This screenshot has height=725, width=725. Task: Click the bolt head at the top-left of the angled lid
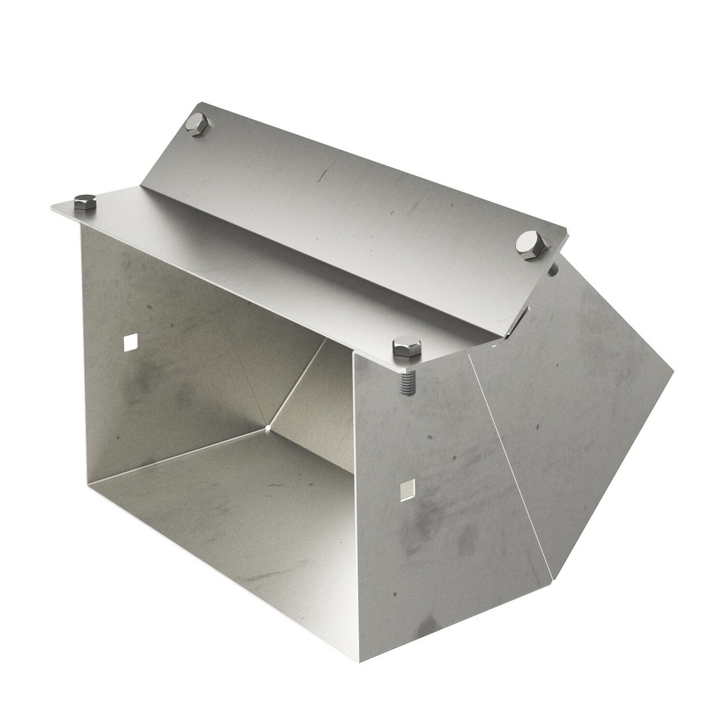click(196, 123)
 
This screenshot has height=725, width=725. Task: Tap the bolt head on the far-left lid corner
click(85, 202)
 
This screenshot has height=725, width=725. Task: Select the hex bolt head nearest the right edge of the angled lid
click(531, 244)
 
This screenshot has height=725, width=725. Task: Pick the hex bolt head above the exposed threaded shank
click(407, 347)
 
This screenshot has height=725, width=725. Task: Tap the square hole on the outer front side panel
click(407, 489)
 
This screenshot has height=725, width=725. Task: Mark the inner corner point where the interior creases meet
click(268, 428)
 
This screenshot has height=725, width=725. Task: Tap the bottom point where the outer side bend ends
click(552, 579)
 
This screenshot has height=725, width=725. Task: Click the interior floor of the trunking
click(239, 522)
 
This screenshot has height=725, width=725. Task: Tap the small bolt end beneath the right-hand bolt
click(552, 270)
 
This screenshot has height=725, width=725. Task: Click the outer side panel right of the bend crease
click(580, 420)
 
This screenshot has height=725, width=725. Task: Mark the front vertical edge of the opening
click(355, 507)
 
